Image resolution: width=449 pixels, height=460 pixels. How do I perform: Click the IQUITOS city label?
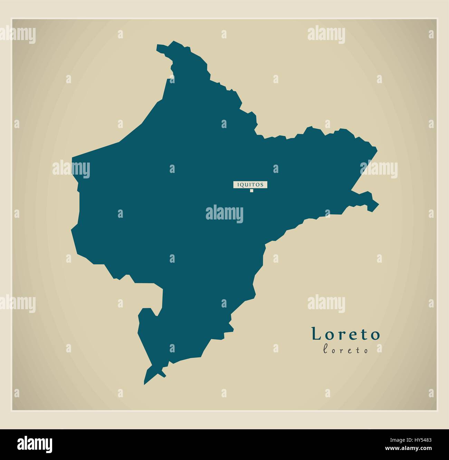250,185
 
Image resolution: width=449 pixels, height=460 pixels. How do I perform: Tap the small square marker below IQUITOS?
252,190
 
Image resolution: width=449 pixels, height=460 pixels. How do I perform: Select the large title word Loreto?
346,334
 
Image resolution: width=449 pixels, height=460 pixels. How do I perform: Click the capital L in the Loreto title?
316,333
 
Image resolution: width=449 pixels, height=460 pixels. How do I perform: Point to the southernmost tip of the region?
145,383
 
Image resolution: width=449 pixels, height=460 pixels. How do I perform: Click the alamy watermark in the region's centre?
224,213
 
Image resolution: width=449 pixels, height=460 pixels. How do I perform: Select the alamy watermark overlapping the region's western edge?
71,169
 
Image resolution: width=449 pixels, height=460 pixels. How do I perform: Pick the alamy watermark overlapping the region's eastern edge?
379,169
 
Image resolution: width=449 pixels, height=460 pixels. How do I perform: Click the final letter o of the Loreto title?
375,335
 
